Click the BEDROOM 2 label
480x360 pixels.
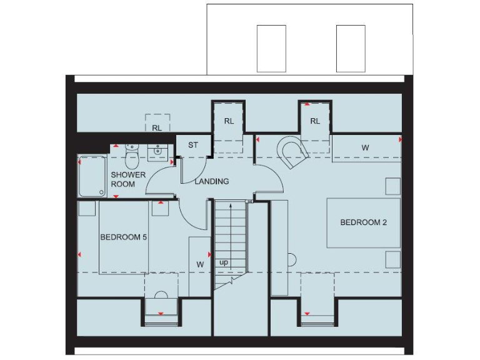pyautogui.click(x=368, y=222)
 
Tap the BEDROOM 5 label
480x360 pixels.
pyautogui.click(x=124, y=237)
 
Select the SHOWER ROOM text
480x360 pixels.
pyautogui.click(x=128, y=179)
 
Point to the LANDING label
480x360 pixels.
pyautogui.click(x=212, y=181)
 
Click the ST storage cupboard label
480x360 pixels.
pyautogui.click(x=193, y=145)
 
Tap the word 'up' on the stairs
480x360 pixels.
pyautogui.click(x=224, y=263)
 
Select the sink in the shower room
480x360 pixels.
pyautogui.click(x=158, y=151)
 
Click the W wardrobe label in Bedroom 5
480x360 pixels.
pyautogui.click(x=200, y=264)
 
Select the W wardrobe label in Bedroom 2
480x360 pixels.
pyautogui.click(x=365, y=148)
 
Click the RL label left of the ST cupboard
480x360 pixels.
pyautogui.click(x=157, y=127)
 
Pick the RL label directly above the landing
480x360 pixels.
pyautogui.click(x=229, y=121)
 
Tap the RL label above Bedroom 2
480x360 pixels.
pyautogui.click(x=314, y=121)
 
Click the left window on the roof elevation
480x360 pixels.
pyautogui.click(x=271, y=49)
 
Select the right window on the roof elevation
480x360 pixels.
pyautogui.click(x=351, y=49)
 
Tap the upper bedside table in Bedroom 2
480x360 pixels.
pyautogui.click(x=392, y=186)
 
